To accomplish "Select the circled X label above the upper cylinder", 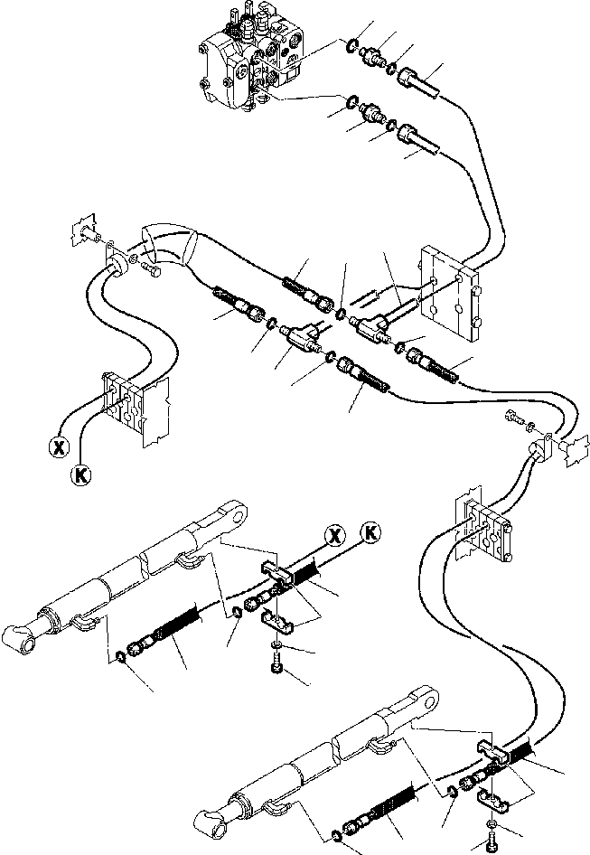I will point(335,535).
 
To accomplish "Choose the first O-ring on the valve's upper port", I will point(351,44).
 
